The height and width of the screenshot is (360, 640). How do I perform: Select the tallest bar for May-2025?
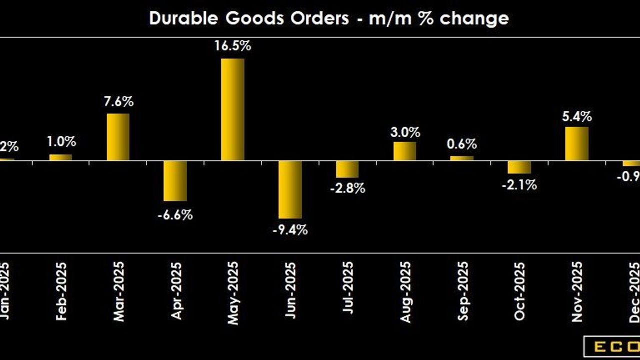coord(232,109)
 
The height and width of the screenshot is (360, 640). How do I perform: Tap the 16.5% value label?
coord(232,46)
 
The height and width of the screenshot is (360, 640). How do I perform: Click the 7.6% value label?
coord(118,101)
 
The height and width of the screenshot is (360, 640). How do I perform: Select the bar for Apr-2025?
coord(175,180)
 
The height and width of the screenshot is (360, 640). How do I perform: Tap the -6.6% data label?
coord(175,215)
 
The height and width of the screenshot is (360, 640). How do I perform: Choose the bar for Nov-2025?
coord(577,143)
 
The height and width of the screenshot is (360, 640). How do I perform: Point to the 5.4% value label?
coord(577,116)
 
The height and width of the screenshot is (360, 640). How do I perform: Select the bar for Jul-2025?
coord(347,169)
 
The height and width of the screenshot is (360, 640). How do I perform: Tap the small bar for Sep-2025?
coord(461,158)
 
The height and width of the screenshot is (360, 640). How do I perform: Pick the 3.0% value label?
coord(404,132)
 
